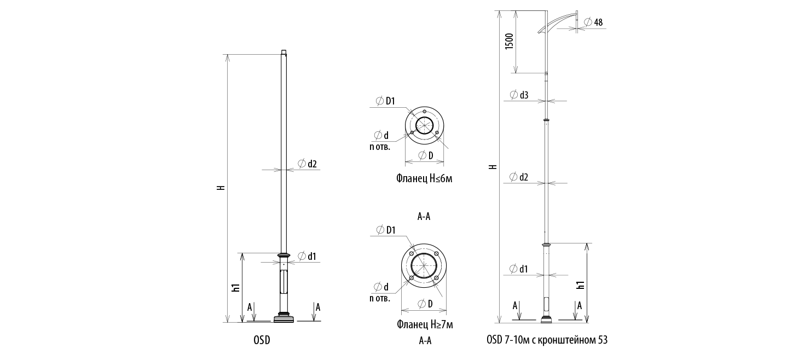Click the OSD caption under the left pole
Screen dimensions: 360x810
point(262,340)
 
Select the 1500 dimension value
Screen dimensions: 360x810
point(509,42)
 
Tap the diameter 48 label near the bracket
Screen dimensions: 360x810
point(593,22)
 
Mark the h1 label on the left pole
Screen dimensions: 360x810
point(236,288)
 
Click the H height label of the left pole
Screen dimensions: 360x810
point(221,188)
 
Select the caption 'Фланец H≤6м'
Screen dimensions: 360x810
point(424,179)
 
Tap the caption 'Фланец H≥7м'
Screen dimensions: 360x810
point(425,324)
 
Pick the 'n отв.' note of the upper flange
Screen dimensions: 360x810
point(379,147)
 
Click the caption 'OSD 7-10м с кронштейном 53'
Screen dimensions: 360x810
point(547,340)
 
